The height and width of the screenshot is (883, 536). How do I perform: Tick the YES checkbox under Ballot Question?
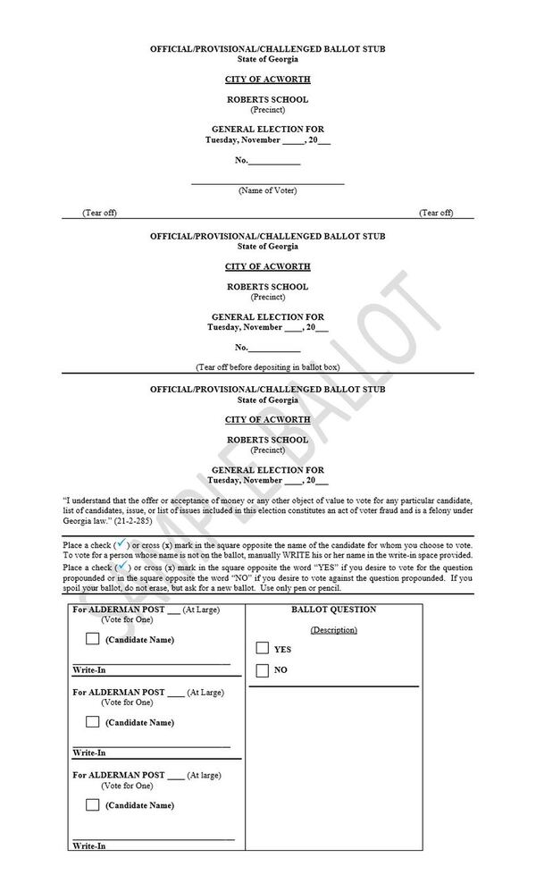coord(263,648)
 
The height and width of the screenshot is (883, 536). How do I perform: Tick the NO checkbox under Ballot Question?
coord(263,669)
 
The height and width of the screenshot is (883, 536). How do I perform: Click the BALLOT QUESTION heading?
coord(333,610)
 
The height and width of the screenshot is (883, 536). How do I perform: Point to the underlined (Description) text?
coord(333,630)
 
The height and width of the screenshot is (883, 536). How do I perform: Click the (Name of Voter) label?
coord(267,190)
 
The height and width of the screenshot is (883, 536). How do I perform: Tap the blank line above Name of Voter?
coord(267,182)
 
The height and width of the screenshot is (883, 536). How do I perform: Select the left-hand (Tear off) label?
coord(99,213)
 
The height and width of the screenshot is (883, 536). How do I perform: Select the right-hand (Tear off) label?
coord(436,213)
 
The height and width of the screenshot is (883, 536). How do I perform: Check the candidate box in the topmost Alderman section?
coord(93,639)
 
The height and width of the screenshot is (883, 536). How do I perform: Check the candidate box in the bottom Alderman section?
coord(93,804)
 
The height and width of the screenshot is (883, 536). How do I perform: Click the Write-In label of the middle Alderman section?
coord(89,753)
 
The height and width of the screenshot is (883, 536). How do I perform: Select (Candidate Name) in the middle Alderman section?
coord(139,722)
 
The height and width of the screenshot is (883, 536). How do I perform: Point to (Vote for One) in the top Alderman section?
coord(127,619)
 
